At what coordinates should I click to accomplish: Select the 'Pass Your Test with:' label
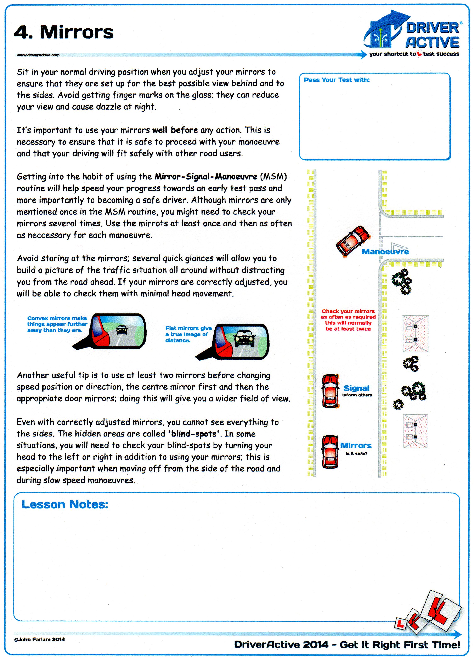pyautogui.click(x=337, y=80)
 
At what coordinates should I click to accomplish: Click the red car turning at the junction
pyautogui.click(x=353, y=241)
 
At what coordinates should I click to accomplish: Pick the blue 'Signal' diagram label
pyautogui.click(x=356, y=388)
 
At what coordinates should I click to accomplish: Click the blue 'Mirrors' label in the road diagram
pyautogui.click(x=356, y=445)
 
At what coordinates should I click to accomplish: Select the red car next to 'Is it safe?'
pyautogui.click(x=330, y=452)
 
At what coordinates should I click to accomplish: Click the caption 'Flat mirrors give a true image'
pyautogui.click(x=188, y=334)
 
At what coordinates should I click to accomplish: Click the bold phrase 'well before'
pyautogui.click(x=175, y=130)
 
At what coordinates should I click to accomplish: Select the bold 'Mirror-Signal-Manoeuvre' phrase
pyautogui.click(x=205, y=176)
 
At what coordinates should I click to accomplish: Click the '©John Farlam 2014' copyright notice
pyautogui.click(x=39, y=639)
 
